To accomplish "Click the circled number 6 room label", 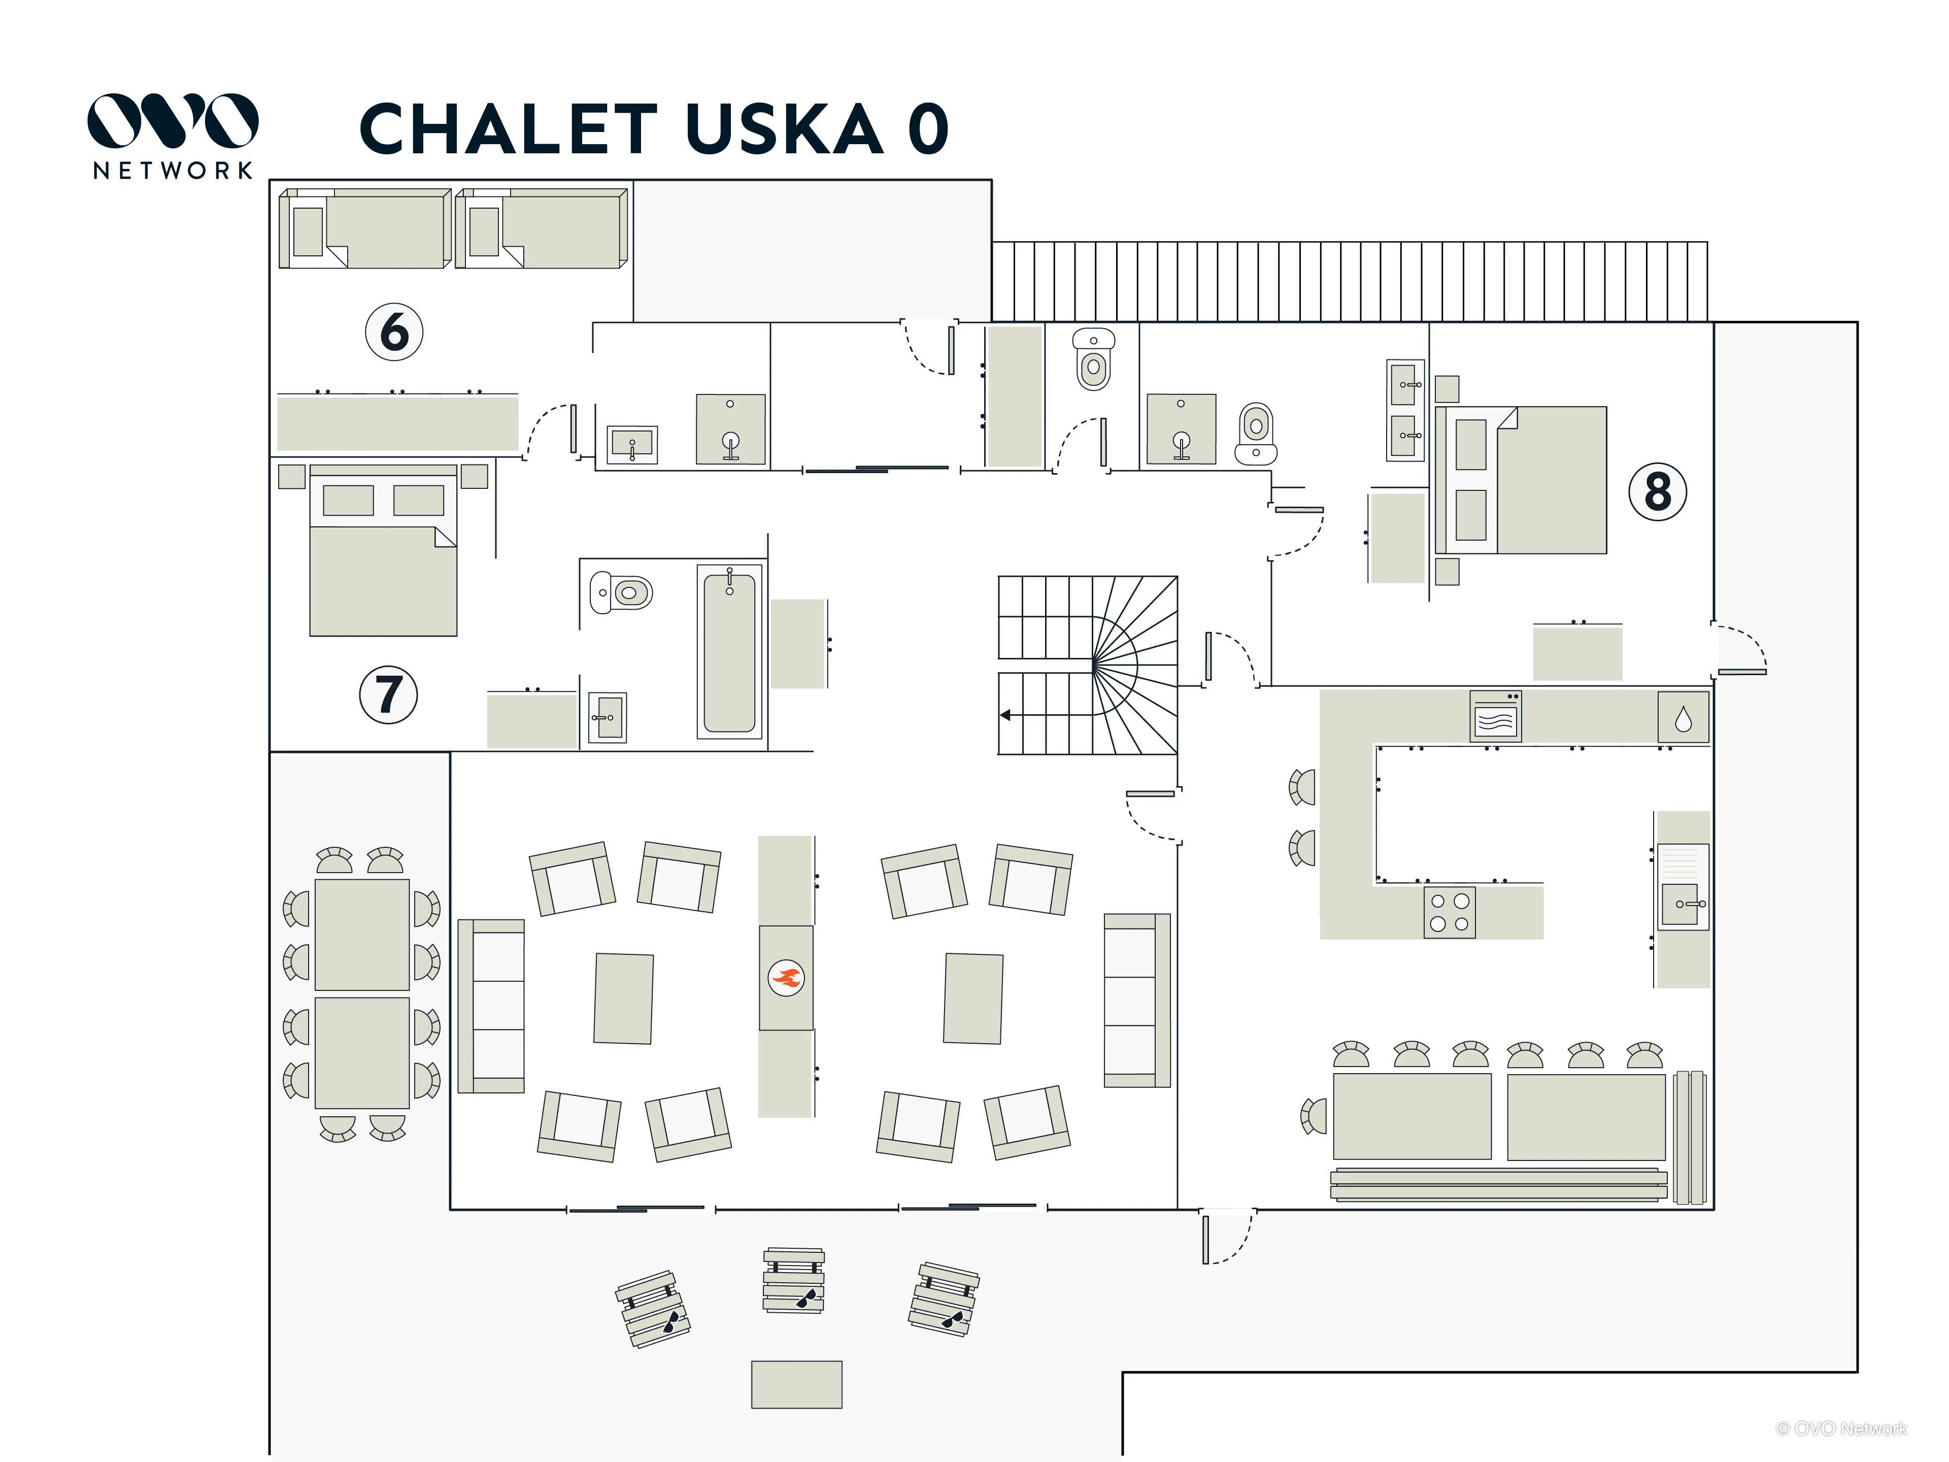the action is [394, 332].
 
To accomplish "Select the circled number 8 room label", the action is [1657, 492].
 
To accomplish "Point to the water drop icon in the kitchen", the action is [1683, 718].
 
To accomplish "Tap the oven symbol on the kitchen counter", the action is [1495, 716].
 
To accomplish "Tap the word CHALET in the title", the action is [509, 128].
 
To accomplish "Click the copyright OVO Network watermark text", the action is [1841, 1428].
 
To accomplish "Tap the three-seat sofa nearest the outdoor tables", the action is [491, 1006].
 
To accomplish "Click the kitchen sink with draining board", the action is [1683, 886].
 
